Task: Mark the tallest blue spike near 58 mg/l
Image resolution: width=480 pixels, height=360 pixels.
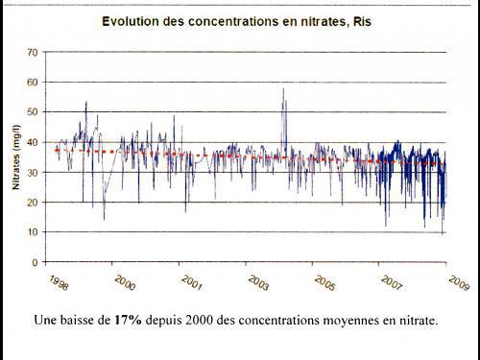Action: (x=283, y=90)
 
